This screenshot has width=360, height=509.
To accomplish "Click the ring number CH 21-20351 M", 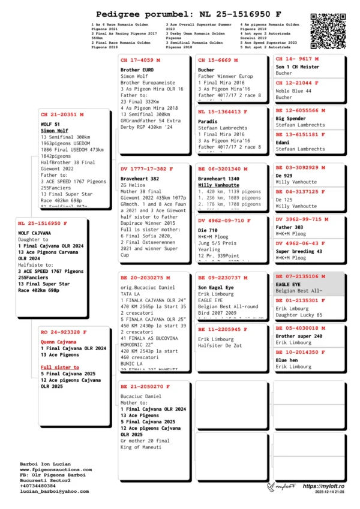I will [x=62, y=114].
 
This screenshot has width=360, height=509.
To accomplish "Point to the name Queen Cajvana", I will [x=59, y=341].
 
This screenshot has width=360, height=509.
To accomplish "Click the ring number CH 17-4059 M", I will [x=140, y=61].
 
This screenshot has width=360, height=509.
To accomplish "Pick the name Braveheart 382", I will [x=139, y=179].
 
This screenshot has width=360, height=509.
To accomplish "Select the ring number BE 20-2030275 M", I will [x=145, y=278].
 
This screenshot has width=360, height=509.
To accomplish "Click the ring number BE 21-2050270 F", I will [x=145, y=387].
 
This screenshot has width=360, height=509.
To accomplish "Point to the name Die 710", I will [x=208, y=230].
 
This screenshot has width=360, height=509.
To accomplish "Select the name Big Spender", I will [x=290, y=119].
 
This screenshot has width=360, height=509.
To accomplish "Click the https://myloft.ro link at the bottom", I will [x=323, y=486].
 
